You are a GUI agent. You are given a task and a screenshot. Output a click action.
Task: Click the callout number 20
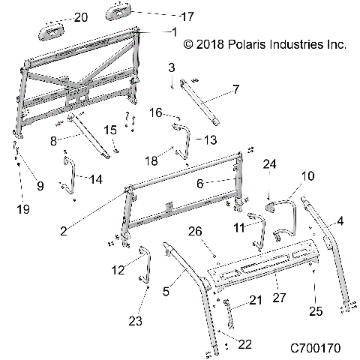coord(80,16)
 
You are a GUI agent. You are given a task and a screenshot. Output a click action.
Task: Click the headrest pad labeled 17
coord(123,12)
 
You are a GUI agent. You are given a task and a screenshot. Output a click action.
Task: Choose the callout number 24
coord(269,162)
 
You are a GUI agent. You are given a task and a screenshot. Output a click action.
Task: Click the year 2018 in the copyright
coord(211,44)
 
